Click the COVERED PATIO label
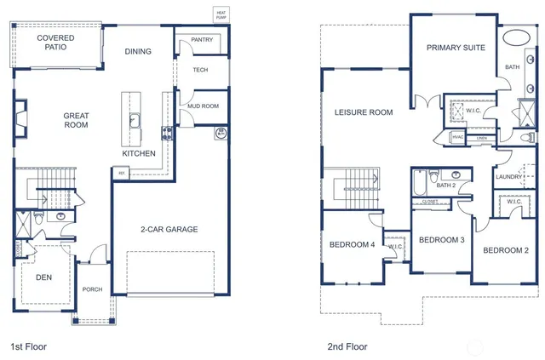point(54,43)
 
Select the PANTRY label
point(202,40)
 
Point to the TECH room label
point(200,71)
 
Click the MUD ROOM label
point(203,106)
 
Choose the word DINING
point(138,52)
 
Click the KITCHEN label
point(139,154)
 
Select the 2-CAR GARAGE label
point(169,230)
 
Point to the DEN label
point(43,277)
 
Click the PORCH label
point(92,289)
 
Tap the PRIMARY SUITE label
point(456,48)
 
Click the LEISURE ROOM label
point(363,112)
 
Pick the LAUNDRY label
point(508,176)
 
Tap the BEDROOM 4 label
point(352,245)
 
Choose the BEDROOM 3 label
point(441,240)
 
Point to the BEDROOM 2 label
point(506,250)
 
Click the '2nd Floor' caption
point(347,346)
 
